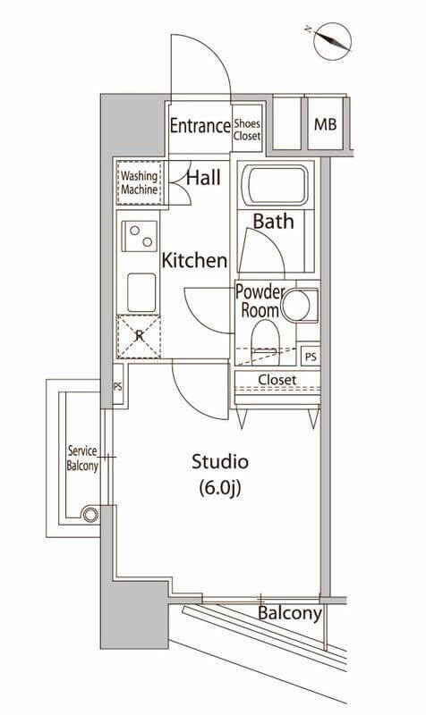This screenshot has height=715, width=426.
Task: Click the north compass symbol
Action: [x=333, y=41]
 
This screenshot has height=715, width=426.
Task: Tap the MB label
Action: [x=325, y=124]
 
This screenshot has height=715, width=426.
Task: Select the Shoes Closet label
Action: [x=247, y=130]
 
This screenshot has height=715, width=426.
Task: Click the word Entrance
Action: [x=200, y=125]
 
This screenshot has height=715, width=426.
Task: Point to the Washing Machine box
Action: [x=139, y=182]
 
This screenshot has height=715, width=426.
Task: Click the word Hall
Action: [x=204, y=177]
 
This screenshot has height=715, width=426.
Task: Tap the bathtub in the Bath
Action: [x=276, y=185]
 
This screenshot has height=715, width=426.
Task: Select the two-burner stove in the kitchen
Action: [x=140, y=236]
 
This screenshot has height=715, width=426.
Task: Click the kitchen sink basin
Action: [x=141, y=292]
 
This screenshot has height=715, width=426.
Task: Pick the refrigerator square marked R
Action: [x=139, y=337]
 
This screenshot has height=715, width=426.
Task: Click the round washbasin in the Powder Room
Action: [x=295, y=305]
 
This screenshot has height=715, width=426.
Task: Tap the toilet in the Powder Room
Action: [x=265, y=341]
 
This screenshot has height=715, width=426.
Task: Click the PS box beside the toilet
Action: [x=311, y=357]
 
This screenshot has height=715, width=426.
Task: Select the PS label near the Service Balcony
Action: [x=118, y=387]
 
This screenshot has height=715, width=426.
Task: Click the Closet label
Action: [x=277, y=379]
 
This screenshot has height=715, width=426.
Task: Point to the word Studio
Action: [x=220, y=462]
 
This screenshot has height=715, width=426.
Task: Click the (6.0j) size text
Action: [x=220, y=489]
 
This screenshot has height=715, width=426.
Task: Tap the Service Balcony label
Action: [x=82, y=458]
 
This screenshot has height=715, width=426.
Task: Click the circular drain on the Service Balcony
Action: [x=90, y=515]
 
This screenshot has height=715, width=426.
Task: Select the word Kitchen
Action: [x=194, y=261]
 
